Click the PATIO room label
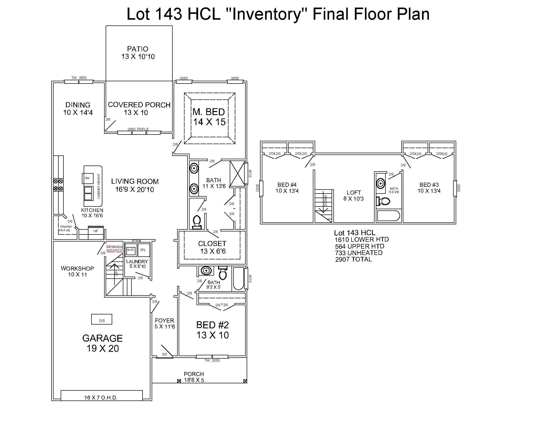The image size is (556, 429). (x=138, y=52)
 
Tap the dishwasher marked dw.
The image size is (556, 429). (x=88, y=178)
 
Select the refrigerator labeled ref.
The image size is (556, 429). (x=96, y=231)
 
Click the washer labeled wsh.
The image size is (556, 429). (x=131, y=250)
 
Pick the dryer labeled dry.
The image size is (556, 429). (x=143, y=250)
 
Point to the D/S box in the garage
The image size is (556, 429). (x=102, y=319)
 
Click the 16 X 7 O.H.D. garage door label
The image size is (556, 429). (x=101, y=398)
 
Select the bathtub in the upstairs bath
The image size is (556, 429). (x=388, y=216)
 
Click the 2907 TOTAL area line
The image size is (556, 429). (x=353, y=259)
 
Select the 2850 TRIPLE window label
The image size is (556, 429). (x=138, y=129)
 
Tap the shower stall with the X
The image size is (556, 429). (x=237, y=174)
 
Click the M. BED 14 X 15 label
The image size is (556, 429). (x=209, y=117)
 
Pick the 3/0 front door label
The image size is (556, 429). (x=165, y=355)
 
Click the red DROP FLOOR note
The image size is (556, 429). (x=114, y=251)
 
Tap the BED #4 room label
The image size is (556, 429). (x=287, y=187)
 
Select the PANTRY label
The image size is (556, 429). (x=66, y=227)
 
